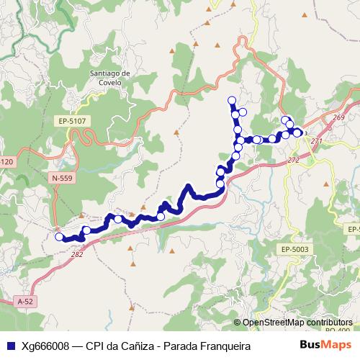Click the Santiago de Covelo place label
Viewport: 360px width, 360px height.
[110, 78]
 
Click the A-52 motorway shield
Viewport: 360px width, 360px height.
[25, 300]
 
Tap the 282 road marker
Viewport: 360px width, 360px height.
[77, 254]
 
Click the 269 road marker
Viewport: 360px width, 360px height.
[339, 117]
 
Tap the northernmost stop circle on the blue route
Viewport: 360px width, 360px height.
[231, 100]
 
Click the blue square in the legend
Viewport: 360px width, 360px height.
[9, 346]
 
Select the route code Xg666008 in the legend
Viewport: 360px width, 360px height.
[47, 346]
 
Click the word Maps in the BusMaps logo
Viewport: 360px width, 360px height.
[336, 345]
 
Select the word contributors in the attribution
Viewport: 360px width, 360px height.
[328, 323]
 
